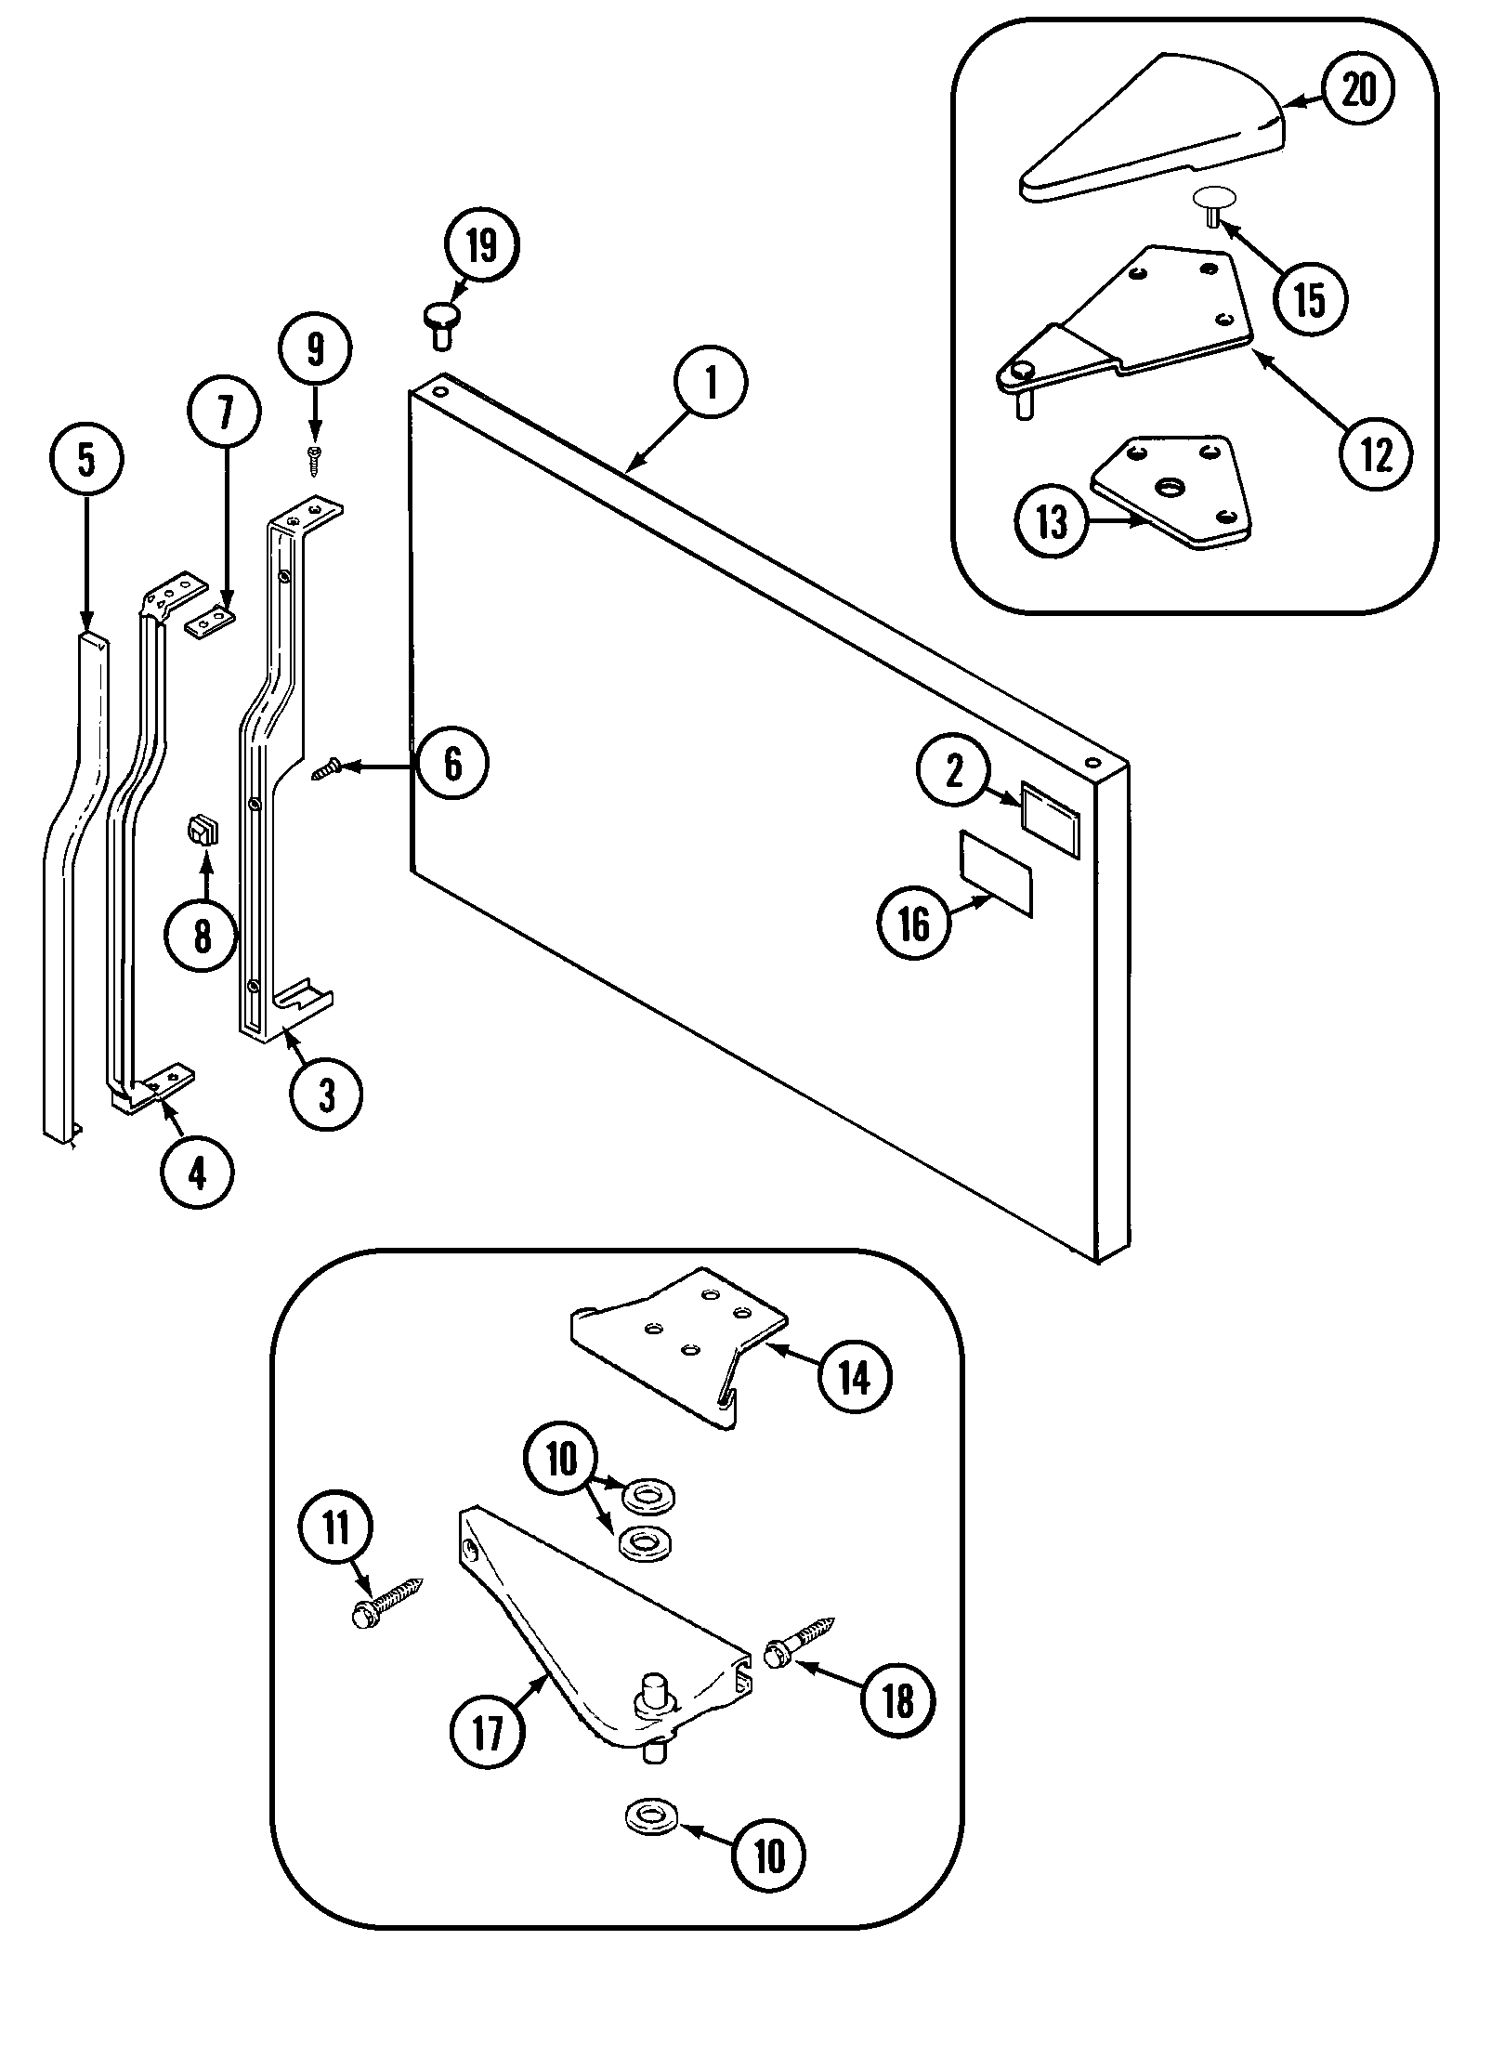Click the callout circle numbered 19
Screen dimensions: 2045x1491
tap(481, 246)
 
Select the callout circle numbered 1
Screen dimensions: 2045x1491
tap(711, 384)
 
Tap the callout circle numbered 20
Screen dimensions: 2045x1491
tap(1357, 90)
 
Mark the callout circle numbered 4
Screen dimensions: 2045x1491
tap(197, 1174)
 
